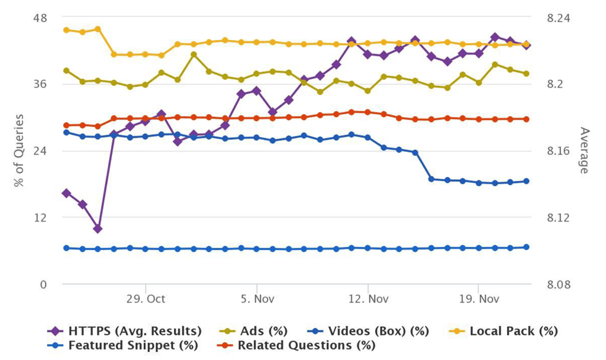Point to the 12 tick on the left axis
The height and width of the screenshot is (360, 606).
[39, 217]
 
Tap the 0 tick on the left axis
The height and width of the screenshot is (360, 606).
[43, 284]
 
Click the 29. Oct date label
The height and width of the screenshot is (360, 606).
[146, 298]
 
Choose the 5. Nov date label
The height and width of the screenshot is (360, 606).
[256, 298]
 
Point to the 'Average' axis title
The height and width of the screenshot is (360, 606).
[585, 150]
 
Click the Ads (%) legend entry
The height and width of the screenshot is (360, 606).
[265, 330]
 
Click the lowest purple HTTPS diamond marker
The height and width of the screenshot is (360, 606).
[98, 229]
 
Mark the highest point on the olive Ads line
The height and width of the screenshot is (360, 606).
[194, 54]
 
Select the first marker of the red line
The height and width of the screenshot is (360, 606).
[66, 126]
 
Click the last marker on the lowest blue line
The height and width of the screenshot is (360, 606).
[526, 247]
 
